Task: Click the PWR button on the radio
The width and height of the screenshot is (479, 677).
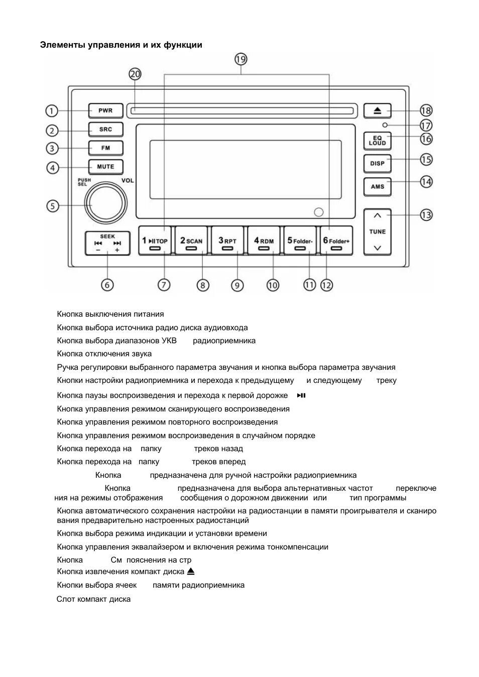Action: pos(105,110)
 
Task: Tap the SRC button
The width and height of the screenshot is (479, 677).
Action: pos(105,129)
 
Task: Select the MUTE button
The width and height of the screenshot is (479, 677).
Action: pos(105,167)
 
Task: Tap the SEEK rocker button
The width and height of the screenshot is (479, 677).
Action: pos(107,243)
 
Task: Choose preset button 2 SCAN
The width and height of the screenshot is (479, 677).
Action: pos(191,241)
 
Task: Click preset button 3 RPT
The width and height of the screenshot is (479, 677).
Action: pos(227,241)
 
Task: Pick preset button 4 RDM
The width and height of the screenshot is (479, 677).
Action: pos(264,241)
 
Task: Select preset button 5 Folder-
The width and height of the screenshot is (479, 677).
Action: pos(300,241)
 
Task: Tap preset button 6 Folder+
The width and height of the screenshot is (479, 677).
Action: pos(336,241)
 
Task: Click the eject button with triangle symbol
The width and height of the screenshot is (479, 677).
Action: pos(378,110)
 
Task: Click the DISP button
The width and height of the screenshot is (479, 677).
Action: pos(378,164)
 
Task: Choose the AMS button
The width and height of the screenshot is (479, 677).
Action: pos(378,187)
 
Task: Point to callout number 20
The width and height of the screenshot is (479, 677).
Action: pos(135,74)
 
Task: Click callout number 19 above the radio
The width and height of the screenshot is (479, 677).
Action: pos(241,59)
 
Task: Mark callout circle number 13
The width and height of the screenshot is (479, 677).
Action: pos(426,215)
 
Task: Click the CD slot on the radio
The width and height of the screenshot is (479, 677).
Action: pos(241,110)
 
